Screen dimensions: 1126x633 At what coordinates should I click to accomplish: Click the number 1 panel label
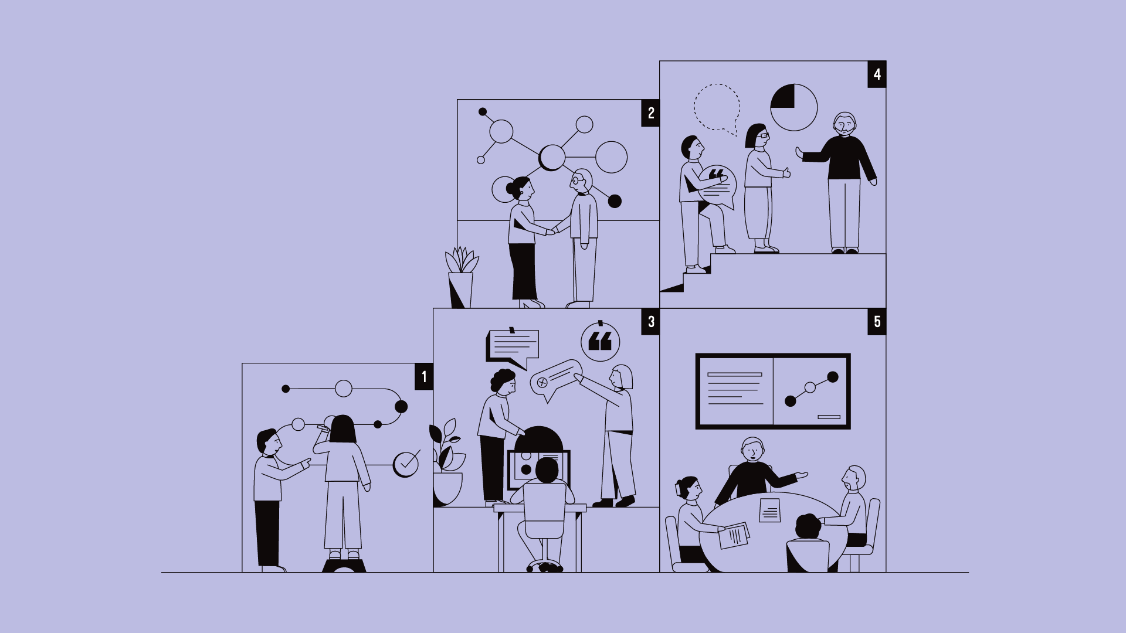click(424, 376)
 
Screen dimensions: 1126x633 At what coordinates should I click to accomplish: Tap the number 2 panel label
click(650, 113)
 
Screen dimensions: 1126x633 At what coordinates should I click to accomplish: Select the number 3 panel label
click(650, 322)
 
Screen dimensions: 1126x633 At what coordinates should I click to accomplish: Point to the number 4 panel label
click(877, 74)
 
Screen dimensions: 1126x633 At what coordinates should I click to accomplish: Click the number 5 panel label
click(877, 322)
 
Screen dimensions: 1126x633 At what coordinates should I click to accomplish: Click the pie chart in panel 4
click(793, 107)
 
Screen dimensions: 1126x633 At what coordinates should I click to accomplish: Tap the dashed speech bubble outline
click(717, 107)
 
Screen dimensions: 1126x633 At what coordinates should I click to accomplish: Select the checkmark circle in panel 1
click(406, 464)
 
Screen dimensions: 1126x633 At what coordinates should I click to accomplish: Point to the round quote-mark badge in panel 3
click(600, 342)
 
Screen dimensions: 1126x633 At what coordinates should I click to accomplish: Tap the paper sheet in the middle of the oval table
click(769, 510)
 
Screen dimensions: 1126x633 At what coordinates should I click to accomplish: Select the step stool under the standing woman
click(344, 566)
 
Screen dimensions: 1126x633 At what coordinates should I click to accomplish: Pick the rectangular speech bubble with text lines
click(513, 346)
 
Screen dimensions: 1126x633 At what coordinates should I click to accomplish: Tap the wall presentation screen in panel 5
click(772, 391)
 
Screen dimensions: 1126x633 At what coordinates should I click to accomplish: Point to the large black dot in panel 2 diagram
click(615, 202)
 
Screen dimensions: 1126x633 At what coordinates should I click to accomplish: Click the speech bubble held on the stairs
click(717, 186)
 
